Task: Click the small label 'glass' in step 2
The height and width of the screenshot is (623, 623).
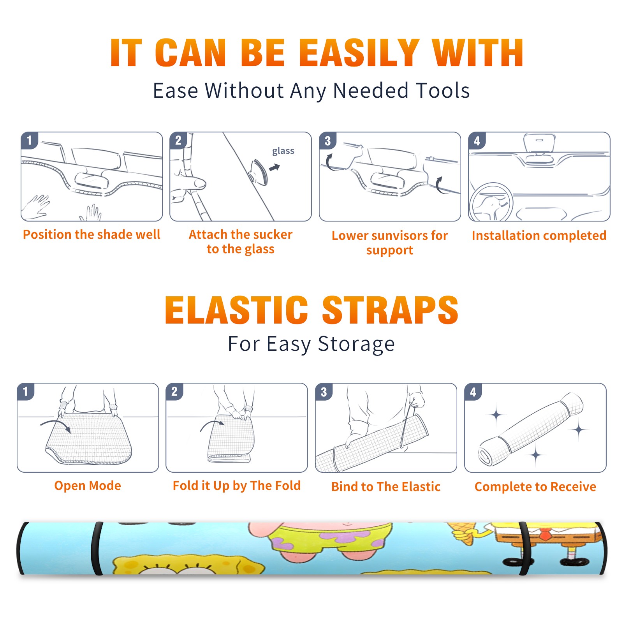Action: pyautogui.click(x=283, y=151)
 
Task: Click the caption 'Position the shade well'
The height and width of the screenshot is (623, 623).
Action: pyautogui.click(x=92, y=234)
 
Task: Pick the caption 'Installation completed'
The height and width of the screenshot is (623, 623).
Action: pyautogui.click(x=539, y=236)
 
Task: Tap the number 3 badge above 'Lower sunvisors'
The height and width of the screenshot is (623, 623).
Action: pyautogui.click(x=327, y=141)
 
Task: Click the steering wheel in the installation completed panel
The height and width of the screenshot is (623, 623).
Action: pyautogui.click(x=491, y=202)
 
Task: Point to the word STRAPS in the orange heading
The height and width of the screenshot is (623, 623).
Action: pyautogui.click(x=390, y=310)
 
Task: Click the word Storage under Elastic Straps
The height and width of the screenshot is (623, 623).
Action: pyautogui.click(x=356, y=344)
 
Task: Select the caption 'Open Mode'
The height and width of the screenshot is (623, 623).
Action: pyautogui.click(x=88, y=486)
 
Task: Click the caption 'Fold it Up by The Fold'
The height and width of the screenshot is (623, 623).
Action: pyautogui.click(x=237, y=486)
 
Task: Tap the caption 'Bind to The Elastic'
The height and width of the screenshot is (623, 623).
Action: pyautogui.click(x=386, y=486)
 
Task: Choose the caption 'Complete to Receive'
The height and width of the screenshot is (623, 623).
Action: pyautogui.click(x=535, y=486)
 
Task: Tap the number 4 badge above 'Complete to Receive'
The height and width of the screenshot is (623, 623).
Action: pyautogui.click(x=473, y=392)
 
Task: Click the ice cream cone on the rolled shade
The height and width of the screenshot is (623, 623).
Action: pyautogui.click(x=463, y=533)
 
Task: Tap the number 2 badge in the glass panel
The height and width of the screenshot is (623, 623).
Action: pyautogui.click(x=178, y=141)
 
